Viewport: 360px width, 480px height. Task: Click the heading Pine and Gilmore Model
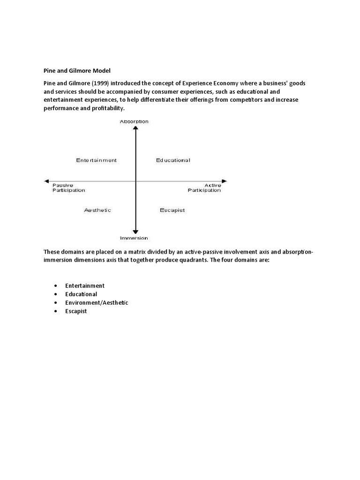point(77,71)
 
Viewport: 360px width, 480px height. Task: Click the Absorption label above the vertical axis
point(134,121)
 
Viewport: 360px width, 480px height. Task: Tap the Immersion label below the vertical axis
point(134,238)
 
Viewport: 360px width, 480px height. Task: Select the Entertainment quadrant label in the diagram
point(97,160)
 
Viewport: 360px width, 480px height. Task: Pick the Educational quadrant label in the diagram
point(173,160)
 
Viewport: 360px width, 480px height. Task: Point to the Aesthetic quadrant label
point(97,210)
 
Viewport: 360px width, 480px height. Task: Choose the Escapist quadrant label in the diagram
point(172,210)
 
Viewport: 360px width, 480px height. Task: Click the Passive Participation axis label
point(68,187)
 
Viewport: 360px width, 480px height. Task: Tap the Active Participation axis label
point(204,187)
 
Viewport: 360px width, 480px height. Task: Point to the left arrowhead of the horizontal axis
point(46,181)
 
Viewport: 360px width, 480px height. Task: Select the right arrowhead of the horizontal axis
point(224,181)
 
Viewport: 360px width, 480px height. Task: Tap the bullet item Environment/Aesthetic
point(97,303)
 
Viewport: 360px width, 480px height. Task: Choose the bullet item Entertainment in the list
point(85,286)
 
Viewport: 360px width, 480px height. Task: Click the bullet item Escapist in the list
point(76,311)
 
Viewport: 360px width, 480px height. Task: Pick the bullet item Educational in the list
point(81,294)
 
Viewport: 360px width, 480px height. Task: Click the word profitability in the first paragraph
point(107,108)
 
